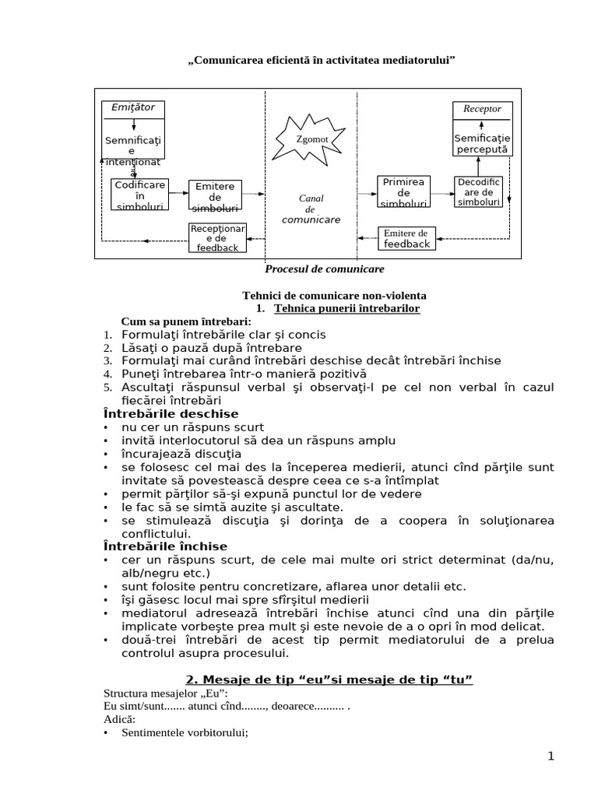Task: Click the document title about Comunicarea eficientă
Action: pos(322,60)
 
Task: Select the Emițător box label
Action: pos(133,107)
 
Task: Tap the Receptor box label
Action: pos(482,109)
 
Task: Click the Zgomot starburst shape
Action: pos(311,140)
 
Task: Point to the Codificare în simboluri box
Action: pos(140,195)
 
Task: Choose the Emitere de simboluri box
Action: pos(215,197)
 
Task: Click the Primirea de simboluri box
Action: pos(403,192)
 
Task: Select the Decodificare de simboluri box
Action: pos(478,192)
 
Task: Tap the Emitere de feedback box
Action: pos(406,238)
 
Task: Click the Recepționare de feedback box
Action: pos(218,237)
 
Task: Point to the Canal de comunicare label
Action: pos(311,209)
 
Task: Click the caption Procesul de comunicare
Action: pos(325,269)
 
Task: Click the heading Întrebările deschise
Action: pos(171,413)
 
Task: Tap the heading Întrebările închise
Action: pos(165,546)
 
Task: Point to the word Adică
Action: pos(119,720)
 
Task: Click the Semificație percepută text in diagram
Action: pos(482,143)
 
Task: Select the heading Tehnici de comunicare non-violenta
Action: pos(336,296)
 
